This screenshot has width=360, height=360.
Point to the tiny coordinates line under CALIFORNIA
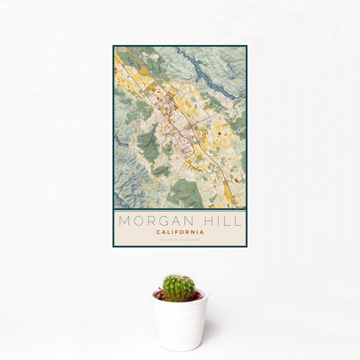click(180, 240)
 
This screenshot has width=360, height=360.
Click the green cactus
click(179, 288)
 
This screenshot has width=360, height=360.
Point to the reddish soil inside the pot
click(162, 297)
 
